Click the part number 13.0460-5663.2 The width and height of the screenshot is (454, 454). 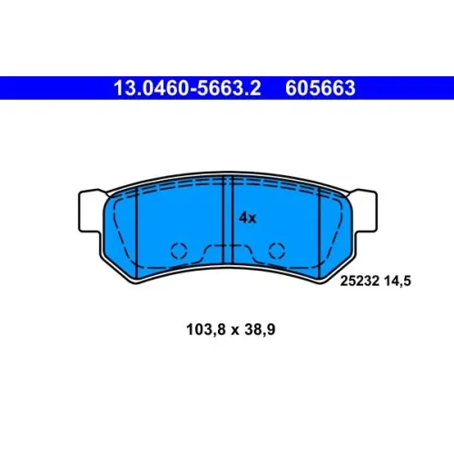click(187, 88)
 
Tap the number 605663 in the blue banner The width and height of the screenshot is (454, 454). click(321, 88)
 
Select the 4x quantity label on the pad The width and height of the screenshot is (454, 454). click(248, 218)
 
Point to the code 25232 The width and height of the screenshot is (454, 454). click(360, 281)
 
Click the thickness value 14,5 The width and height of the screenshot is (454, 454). click(398, 281)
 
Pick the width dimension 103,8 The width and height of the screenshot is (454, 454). click(206, 330)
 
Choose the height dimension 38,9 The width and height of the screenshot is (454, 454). click(260, 330)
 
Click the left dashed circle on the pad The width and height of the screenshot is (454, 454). click(179, 251)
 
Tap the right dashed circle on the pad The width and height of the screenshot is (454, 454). click(277, 251)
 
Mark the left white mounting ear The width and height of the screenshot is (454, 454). click(90, 211)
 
